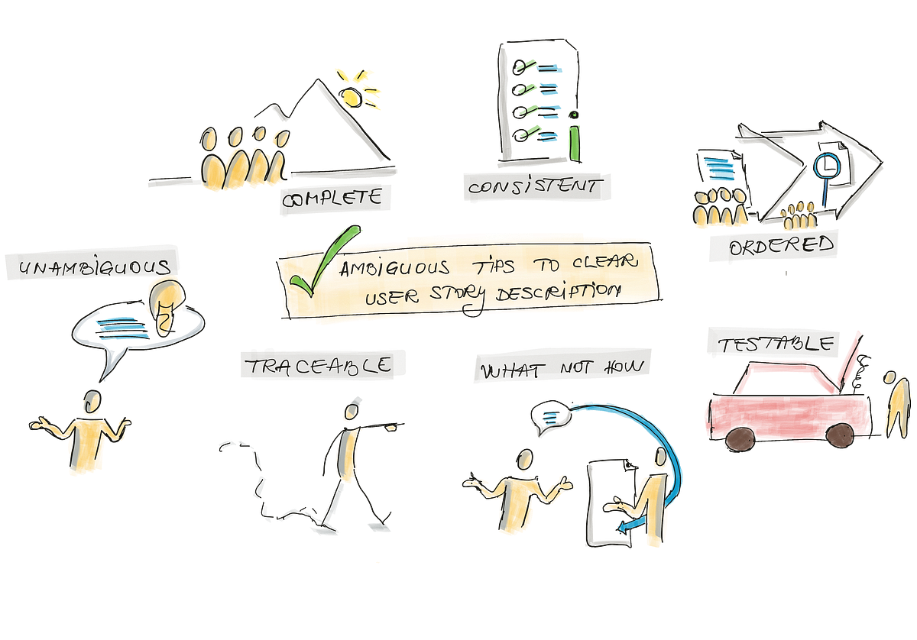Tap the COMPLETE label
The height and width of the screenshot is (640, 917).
(332, 199)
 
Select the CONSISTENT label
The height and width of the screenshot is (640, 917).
(536, 186)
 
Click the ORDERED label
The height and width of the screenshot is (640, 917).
(781, 246)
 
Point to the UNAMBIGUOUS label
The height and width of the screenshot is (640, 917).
(95, 267)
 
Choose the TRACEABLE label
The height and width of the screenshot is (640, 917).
(319, 365)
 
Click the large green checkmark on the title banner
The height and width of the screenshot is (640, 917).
(323, 261)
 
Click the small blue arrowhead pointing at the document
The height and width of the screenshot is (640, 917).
(624, 528)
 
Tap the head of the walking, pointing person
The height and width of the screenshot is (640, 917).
(352, 411)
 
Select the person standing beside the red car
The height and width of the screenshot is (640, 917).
(896, 404)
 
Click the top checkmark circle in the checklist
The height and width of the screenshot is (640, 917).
(520, 67)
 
